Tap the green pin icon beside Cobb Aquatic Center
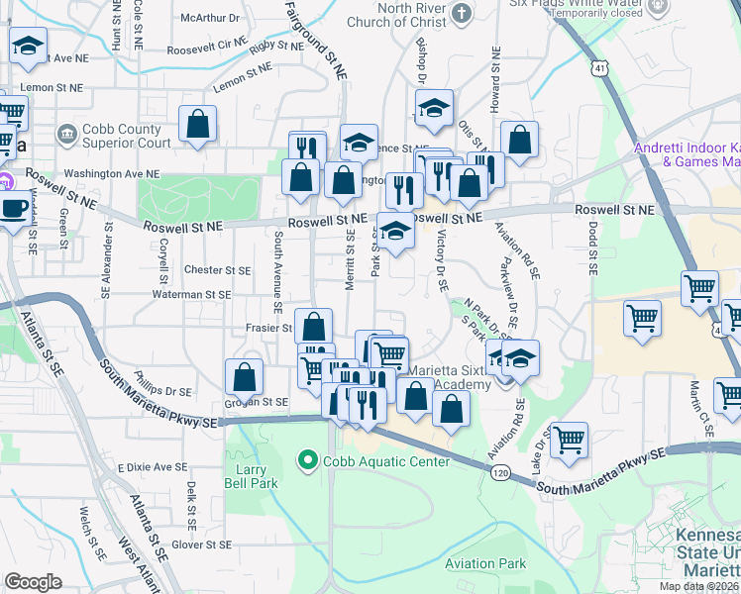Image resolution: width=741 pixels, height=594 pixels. (307, 461)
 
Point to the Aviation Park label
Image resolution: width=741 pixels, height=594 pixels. (485, 563)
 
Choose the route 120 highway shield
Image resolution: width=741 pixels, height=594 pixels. (501, 474)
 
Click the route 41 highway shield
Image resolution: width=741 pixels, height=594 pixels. (600, 67)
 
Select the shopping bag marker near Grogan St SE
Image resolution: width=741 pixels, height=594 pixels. (244, 377)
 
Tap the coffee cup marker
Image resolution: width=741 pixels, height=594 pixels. (14, 209)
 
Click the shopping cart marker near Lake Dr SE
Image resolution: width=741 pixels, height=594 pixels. (569, 440)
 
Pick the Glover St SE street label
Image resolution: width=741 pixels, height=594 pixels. (200, 544)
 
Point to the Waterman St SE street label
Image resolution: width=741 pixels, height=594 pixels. (191, 294)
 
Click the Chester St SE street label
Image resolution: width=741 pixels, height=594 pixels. (218, 269)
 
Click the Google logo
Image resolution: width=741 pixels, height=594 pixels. (33, 582)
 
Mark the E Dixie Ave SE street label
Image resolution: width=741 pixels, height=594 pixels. (152, 466)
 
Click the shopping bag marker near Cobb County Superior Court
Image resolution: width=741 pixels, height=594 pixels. (198, 125)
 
